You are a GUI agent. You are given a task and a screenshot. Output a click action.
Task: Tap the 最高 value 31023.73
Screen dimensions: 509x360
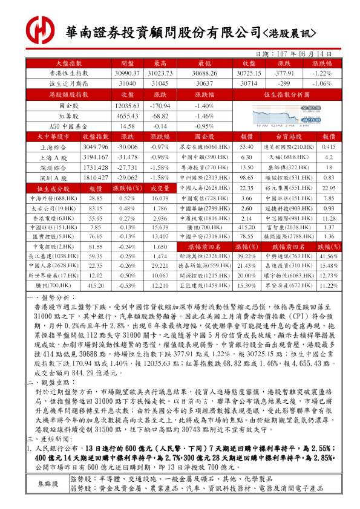(160, 73)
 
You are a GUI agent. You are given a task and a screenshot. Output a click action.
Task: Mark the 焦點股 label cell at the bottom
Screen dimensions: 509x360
(48, 484)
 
